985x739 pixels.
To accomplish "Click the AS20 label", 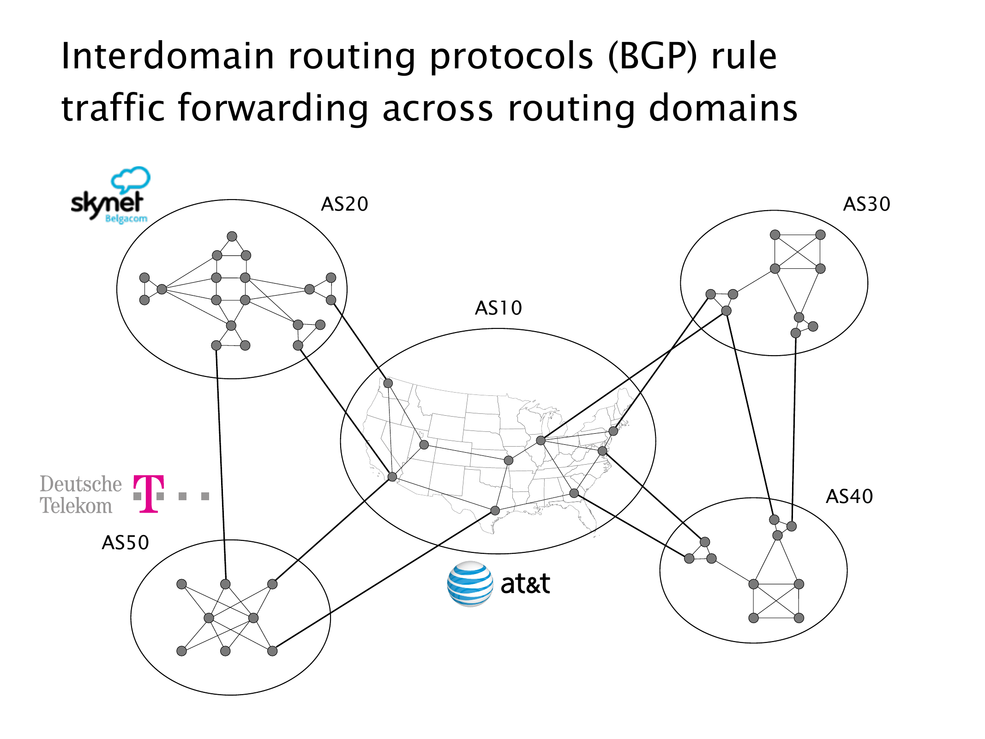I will point(344,204).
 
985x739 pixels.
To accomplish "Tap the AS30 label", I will point(866,204).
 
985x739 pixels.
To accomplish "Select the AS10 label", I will point(499,308).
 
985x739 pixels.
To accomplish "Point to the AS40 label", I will point(849,497).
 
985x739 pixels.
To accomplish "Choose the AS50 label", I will point(125,543).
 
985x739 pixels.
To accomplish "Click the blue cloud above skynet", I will point(131,179).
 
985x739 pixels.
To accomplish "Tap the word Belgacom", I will point(126,218).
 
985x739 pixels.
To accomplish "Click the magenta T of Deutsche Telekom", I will point(148,494).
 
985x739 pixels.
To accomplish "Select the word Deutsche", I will point(81,484).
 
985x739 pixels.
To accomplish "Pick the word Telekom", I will point(76,506).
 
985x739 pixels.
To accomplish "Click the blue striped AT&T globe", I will point(469,584).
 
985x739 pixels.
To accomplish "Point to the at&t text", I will point(525,584).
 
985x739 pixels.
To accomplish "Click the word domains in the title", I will point(723,108).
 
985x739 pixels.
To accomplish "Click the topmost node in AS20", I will point(232,236).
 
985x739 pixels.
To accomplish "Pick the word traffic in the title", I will point(113,108).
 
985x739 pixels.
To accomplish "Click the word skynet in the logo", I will point(107,204).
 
